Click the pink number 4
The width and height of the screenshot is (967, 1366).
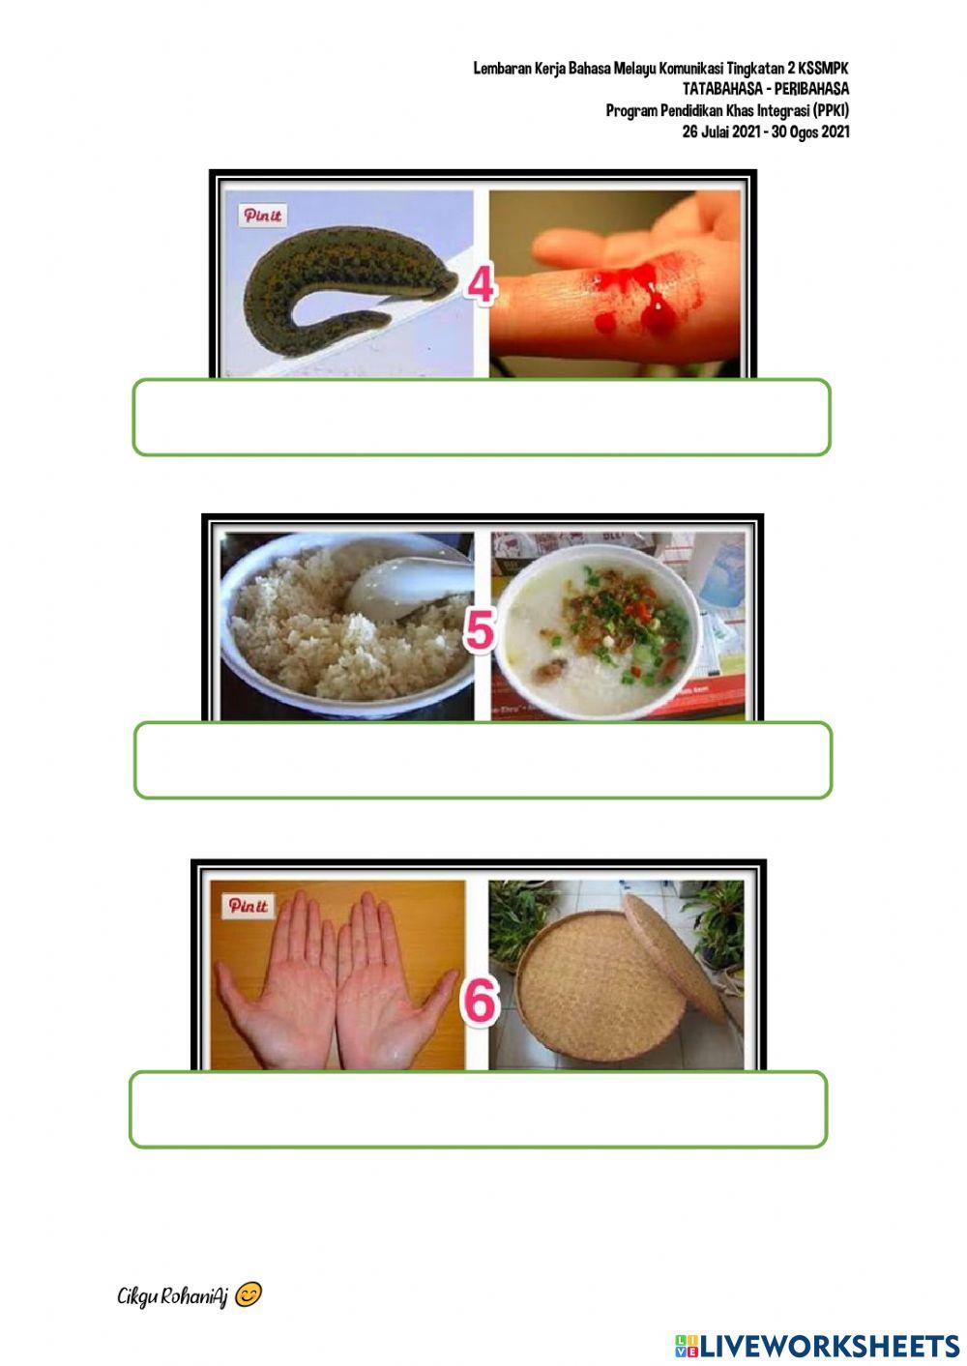pos(481,285)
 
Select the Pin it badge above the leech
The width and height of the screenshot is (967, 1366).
pos(262,216)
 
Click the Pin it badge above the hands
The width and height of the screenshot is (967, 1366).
pos(248,905)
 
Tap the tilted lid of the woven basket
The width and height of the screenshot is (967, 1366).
pos(674,957)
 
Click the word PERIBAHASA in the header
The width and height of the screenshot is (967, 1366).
pos(812,89)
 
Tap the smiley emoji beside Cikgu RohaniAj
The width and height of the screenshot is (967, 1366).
pos(249,1294)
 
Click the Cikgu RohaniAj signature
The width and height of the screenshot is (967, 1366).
pos(172,1296)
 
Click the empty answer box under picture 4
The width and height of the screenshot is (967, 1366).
pos(482,417)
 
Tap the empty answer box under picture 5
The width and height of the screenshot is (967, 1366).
pos(483,760)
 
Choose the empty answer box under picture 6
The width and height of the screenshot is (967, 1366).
pos(479,1109)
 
